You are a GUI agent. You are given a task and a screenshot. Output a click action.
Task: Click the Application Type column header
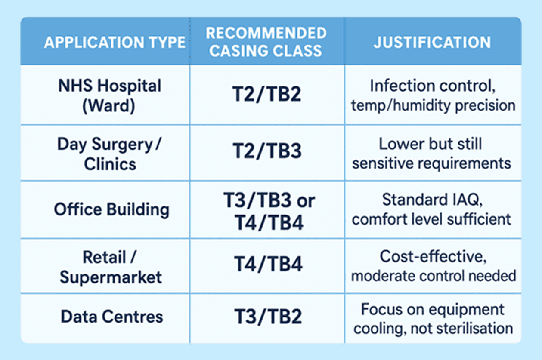(x=114, y=43)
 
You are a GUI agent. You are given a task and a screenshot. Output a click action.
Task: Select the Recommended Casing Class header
(x=266, y=42)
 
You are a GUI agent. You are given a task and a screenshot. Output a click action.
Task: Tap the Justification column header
(x=432, y=42)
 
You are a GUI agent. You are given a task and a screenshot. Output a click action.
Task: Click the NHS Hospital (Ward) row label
(x=109, y=95)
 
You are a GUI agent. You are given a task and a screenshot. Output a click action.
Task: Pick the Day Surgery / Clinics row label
(x=109, y=154)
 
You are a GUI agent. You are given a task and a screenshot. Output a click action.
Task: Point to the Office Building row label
(x=111, y=209)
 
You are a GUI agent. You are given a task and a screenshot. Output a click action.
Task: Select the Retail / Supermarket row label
(x=110, y=267)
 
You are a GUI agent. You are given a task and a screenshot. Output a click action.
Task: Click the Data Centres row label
(x=112, y=317)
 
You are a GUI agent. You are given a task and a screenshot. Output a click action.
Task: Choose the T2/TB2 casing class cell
(x=266, y=95)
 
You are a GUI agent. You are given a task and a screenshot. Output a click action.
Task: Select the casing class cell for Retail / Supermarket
(x=266, y=265)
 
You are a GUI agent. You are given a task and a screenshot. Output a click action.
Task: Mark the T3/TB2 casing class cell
(x=266, y=317)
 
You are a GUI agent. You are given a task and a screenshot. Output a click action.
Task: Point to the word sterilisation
(x=474, y=329)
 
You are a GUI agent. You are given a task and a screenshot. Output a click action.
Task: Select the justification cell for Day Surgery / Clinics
(x=432, y=154)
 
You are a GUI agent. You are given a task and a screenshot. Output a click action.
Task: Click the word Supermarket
(x=111, y=277)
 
